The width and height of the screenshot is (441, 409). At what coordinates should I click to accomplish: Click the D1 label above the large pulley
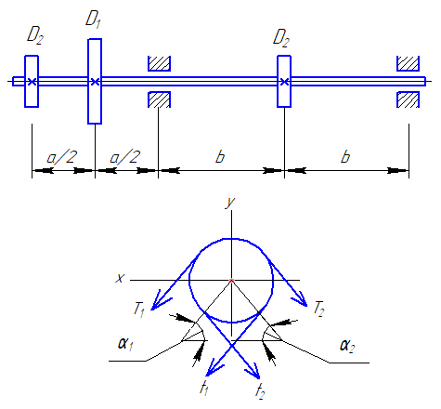click(x=93, y=20)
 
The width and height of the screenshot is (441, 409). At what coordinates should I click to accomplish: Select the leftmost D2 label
click(x=35, y=35)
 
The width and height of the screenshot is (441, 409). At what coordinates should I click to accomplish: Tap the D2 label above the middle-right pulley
click(x=281, y=39)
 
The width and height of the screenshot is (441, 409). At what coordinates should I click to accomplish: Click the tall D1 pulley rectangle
click(x=95, y=82)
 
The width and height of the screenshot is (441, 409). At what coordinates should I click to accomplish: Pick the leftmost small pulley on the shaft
click(x=32, y=82)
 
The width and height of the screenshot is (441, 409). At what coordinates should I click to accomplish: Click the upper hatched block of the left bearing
click(x=159, y=63)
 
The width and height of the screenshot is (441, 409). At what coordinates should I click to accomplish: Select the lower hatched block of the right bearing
click(x=408, y=99)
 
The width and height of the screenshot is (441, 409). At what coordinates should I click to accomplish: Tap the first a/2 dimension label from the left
click(x=61, y=157)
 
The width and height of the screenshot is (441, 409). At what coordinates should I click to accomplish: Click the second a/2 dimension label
click(x=125, y=157)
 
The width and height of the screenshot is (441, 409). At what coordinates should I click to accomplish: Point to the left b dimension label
click(x=220, y=156)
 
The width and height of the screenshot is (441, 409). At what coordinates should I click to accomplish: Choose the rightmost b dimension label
click(x=345, y=156)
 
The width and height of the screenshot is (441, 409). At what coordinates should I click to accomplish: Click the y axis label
click(x=230, y=203)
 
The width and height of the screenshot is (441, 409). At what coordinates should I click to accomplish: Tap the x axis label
click(x=120, y=278)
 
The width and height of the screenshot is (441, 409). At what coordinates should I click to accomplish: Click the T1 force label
click(x=139, y=309)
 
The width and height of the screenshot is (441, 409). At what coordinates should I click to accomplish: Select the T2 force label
click(x=318, y=309)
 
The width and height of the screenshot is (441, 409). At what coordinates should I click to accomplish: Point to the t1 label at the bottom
click(x=204, y=388)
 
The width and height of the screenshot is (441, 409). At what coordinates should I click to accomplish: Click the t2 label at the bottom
click(x=260, y=391)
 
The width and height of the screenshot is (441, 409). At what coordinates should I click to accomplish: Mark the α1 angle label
click(x=125, y=344)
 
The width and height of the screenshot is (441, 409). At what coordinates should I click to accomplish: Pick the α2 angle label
click(x=347, y=346)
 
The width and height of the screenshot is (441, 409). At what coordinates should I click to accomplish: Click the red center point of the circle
click(x=231, y=281)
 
